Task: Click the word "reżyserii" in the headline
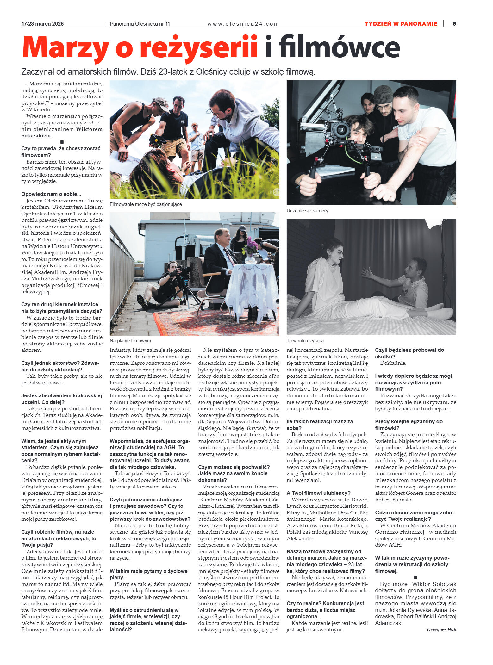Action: (x=199, y=47)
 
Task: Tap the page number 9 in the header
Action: (x=454, y=24)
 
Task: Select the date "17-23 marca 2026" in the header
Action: (x=42, y=24)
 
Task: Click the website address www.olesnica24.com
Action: (x=243, y=24)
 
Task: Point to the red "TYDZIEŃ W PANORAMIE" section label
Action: (x=401, y=24)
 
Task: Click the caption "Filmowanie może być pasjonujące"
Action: (x=146, y=204)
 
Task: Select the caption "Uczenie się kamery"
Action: (x=307, y=211)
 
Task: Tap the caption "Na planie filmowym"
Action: (x=130, y=341)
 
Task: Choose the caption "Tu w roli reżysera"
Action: (x=305, y=341)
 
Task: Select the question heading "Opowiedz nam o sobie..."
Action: (x=51, y=194)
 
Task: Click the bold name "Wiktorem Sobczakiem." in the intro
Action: (x=62, y=132)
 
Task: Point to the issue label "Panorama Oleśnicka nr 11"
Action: (x=140, y=24)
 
